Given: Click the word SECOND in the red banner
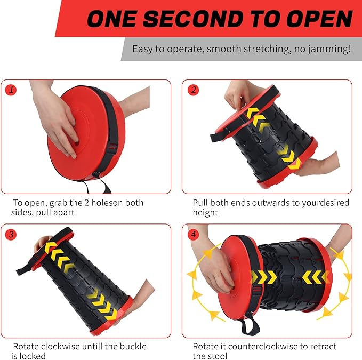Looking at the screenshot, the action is pyautogui.click(x=193, y=19).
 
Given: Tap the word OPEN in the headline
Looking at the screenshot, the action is pyautogui.click(x=320, y=19).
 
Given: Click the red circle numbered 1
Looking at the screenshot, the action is pyautogui.click(x=11, y=90).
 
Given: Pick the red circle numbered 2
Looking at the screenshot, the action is pyautogui.click(x=194, y=90).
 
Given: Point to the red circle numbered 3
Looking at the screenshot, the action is pyautogui.click(x=11, y=234).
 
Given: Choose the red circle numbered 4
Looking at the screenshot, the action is pyautogui.click(x=194, y=234).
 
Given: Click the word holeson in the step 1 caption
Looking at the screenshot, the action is pyautogui.click(x=107, y=203).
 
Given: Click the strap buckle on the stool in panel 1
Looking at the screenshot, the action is pyautogui.click(x=113, y=148).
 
